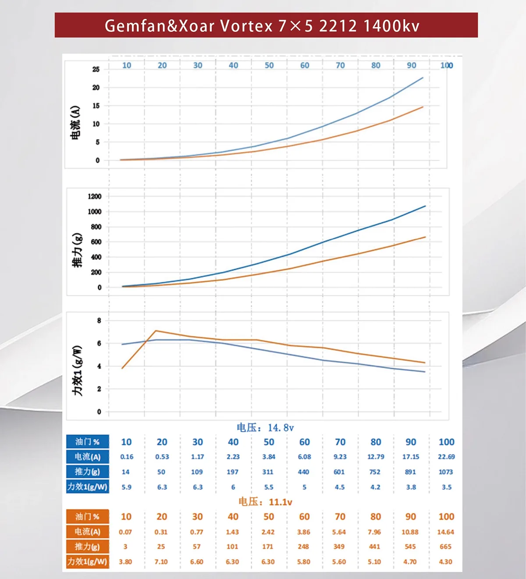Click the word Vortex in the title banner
(x=246, y=26)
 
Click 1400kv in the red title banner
(x=391, y=26)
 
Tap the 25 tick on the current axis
(x=96, y=69)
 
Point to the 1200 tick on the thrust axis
(x=95, y=196)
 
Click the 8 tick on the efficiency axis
(x=99, y=321)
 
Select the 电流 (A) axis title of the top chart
(x=75, y=123)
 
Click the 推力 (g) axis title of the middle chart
(x=77, y=250)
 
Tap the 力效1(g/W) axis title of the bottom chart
(x=78, y=371)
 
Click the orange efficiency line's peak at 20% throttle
(x=156, y=331)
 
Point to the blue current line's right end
(x=423, y=78)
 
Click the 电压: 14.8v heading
(x=265, y=428)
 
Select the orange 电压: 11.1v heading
(x=265, y=502)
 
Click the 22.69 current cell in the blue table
(x=446, y=457)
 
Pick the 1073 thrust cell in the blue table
(x=446, y=472)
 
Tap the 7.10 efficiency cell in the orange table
(x=161, y=562)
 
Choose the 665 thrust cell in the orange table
(x=445, y=547)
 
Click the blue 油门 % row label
(x=87, y=442)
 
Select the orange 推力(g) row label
(x=87, y=547)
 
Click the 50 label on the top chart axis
(x=269, y=65)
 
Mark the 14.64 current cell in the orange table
(x=445, y=532)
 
